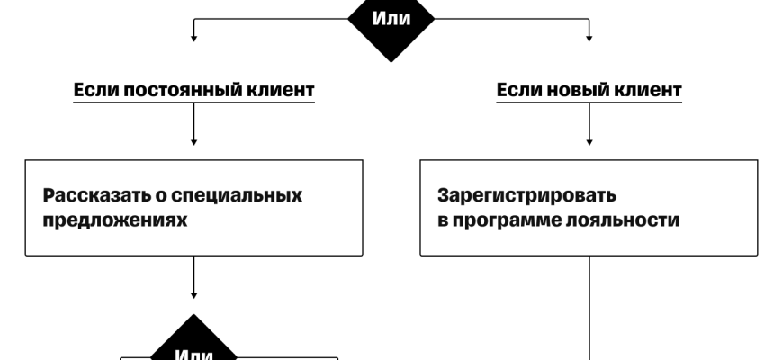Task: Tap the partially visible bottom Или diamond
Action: click(x=195, y=347)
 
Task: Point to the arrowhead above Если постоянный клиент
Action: click(x=194, y=38)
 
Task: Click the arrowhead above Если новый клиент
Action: click(x=589, y=38)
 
